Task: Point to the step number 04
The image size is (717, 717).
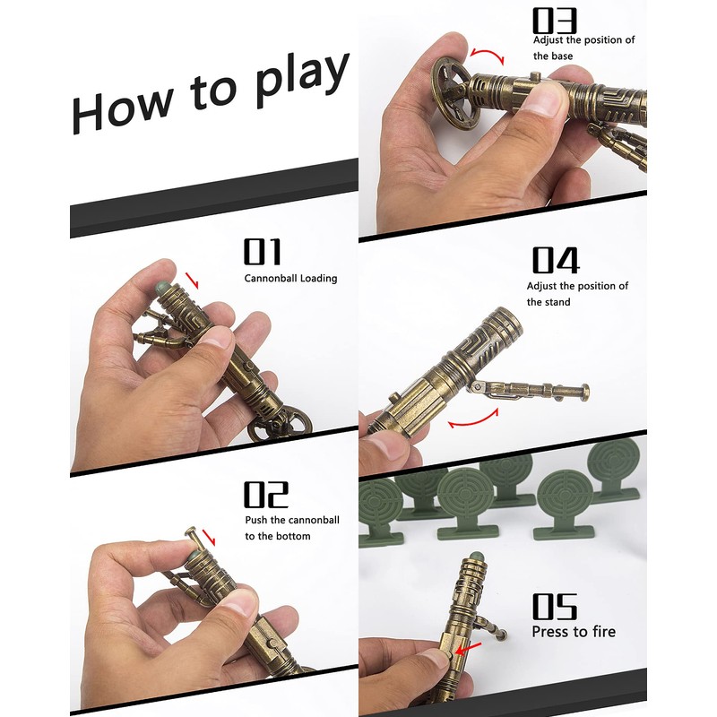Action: click(x=557, y=260)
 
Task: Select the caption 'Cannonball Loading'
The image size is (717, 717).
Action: click(x=290, y=279)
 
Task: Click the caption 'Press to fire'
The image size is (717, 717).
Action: click(x=574, y=632)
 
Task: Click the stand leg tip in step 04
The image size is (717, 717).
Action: click(x=585, y=390)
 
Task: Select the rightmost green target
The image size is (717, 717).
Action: click(x=616, y=471)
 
